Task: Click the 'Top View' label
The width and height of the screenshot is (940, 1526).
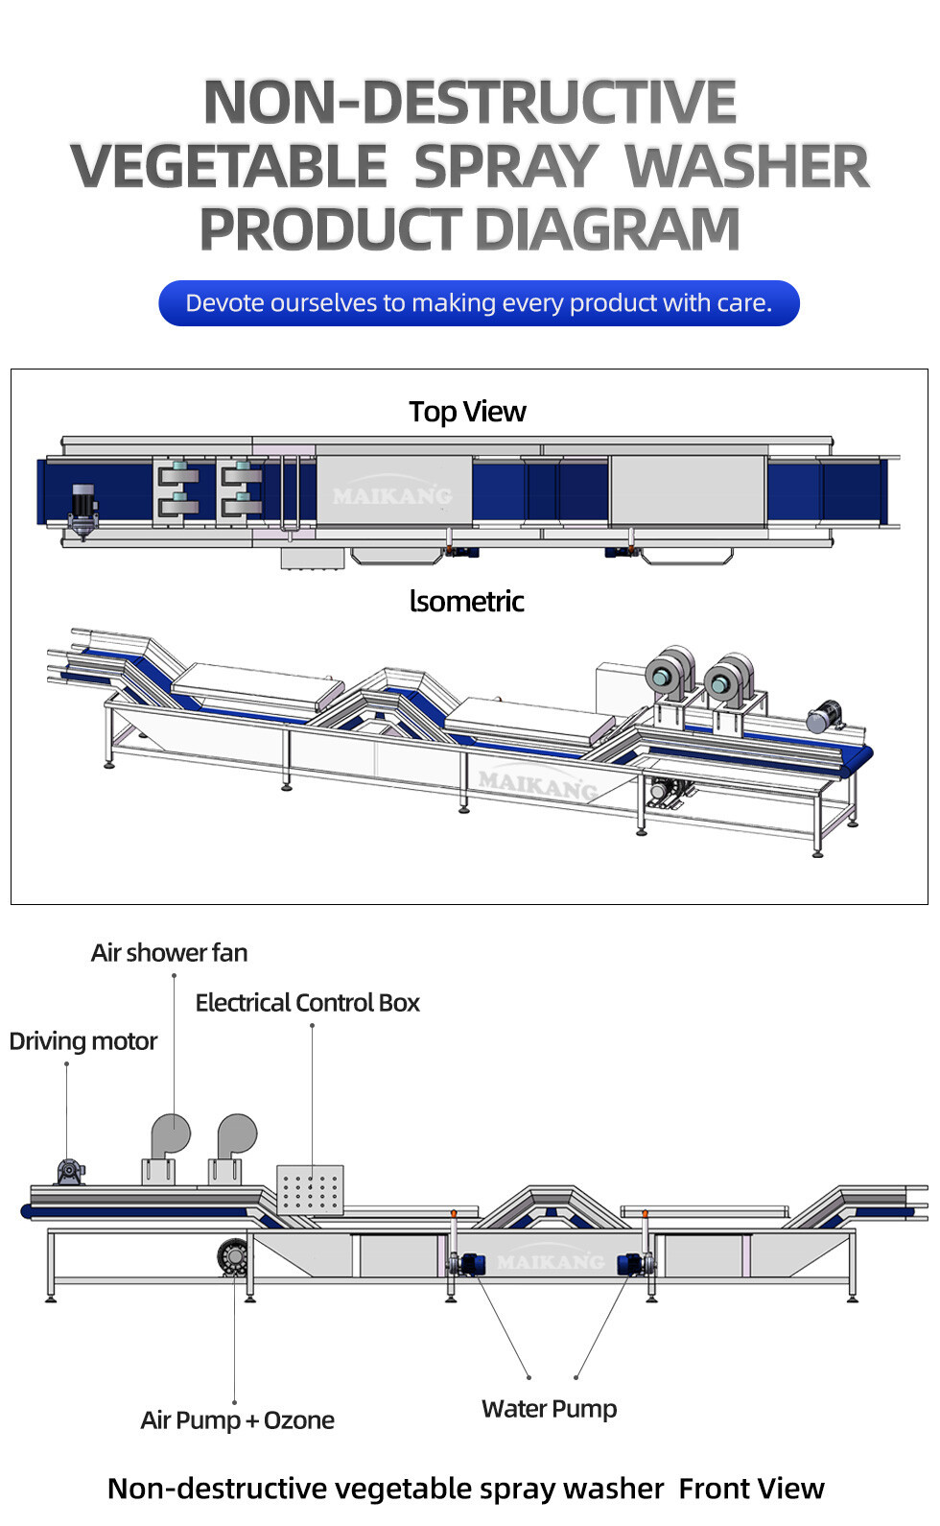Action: tap(467, 412)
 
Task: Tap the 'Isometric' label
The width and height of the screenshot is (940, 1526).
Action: tap(466, 602)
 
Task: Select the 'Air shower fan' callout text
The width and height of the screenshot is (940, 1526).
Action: tap(169, 953)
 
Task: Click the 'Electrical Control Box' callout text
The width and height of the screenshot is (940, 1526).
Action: tap(307, 1003)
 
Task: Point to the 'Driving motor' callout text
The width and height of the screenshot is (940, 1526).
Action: tap(83, 1041)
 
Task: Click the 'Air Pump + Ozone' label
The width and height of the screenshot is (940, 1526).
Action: tap(237, 1420)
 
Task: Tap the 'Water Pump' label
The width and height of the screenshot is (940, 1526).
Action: tap(549, 1409)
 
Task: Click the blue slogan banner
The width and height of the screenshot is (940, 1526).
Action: tap(479, 303)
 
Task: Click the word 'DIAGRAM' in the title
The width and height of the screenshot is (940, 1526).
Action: tap(607, 229)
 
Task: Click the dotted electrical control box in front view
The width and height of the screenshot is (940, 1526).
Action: tap(310, 1191)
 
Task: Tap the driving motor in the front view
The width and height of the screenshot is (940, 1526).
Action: tap(70, 1172)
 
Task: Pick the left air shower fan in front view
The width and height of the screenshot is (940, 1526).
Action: tap(168, 1148)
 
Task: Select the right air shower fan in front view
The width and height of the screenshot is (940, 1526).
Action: tap(233, 1148)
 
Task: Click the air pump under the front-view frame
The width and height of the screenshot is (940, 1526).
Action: tap(232, 1256)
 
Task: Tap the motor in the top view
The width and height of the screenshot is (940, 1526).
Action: tap(83, 505)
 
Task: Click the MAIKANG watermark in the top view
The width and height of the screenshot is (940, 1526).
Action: tap(392, 495)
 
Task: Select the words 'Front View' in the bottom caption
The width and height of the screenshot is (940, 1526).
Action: tap(751, 1489)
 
